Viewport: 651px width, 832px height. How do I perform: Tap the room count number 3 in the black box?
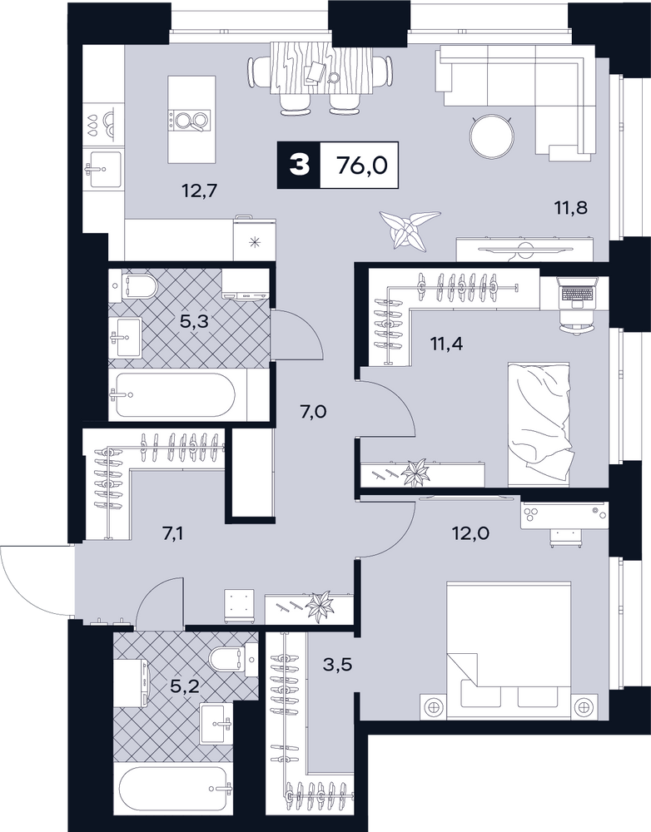pos(299,165)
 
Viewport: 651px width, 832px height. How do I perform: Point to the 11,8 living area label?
pos(571,207)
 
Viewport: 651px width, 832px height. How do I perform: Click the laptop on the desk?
pos(577,294)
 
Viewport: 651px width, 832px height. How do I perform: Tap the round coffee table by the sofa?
pos(493,136)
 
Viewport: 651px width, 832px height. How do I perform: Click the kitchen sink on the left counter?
pos(105,169)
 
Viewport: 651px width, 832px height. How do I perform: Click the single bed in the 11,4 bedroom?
pos(539,424)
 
